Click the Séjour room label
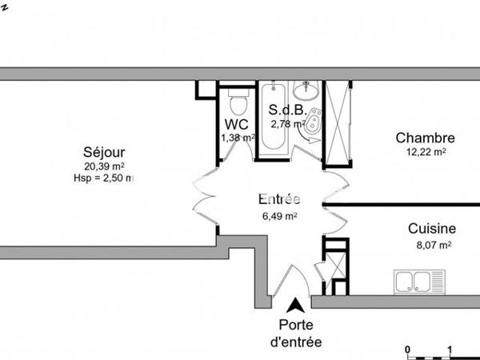104,152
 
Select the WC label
236,124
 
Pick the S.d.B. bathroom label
284,110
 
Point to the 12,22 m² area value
422,151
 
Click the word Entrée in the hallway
279,199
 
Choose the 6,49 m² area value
279,215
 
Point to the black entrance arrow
296,304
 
